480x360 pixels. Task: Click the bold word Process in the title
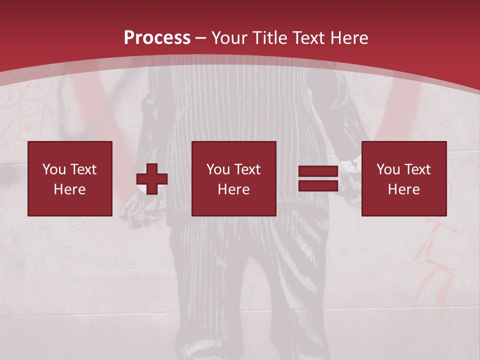[x=157, y=37]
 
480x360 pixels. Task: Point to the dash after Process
[x=201, y=38]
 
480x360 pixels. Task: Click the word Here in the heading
[x=348, y=37]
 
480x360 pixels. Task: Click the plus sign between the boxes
[x=152, y=179]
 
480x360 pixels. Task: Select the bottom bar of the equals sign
[x=318, y=185]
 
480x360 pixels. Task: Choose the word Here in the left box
[x=70, y=189]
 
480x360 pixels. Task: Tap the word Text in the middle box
[x=247, y=169]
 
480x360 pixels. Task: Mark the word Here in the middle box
[x=234, y=189]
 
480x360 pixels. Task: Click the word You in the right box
[x=388, y=169]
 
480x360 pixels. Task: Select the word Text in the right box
[x=417, y=169]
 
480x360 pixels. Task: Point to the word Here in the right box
[x=404, y=189]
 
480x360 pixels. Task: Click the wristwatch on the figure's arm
[x=353, y=164]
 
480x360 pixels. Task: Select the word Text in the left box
[x=83, y=169]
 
